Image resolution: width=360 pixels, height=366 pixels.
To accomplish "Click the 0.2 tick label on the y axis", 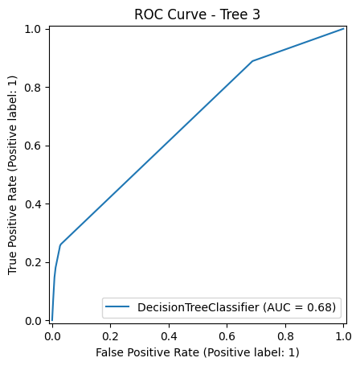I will coord(34,262).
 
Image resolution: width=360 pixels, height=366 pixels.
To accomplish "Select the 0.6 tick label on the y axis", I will coord(34,146).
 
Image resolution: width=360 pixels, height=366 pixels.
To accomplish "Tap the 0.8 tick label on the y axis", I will coord(34,87).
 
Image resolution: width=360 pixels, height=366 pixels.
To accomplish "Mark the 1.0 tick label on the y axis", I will coord(34,29).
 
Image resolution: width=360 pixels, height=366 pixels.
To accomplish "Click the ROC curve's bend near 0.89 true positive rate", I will coord(252,61).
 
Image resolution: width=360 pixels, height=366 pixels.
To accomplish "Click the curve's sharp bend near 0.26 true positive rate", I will coord(60,245).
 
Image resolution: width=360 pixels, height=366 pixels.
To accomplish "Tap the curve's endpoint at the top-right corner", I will coord(343,29).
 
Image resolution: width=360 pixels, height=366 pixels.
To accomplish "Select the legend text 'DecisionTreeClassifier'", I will coord(201,306).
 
